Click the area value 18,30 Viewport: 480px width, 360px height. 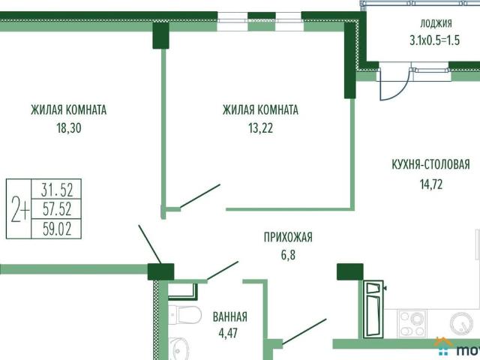point(68,127)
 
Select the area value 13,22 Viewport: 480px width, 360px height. point(260,127)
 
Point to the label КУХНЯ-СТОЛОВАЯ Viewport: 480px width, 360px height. point(430,165)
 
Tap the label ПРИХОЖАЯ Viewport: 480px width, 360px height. point(287,238)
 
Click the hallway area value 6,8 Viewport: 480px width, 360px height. point(288,256)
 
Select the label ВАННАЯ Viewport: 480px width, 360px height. point(229,316)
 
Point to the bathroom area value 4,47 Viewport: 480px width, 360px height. point(229,333)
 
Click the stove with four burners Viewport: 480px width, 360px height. point(412,325)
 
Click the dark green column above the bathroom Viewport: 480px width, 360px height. point(160,271)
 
